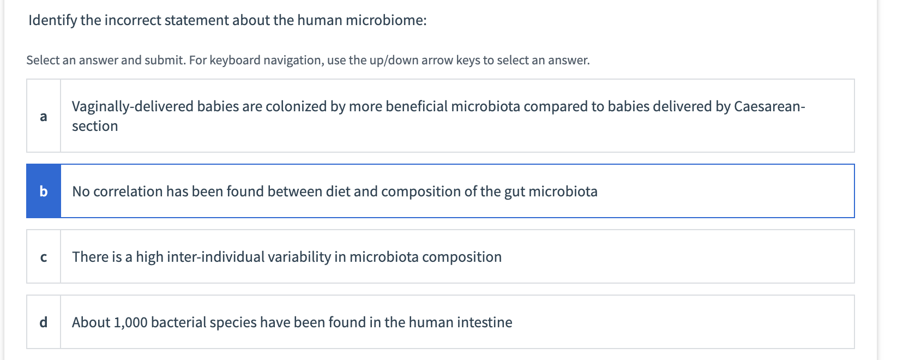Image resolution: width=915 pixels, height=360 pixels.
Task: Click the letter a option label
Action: tap(44, 116)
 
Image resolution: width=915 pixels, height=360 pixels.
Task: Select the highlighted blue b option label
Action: tap(44, 191)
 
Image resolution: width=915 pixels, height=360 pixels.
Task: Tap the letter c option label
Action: tap(44, 257)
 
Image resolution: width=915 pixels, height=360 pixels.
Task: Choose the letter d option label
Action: tap(44, 322)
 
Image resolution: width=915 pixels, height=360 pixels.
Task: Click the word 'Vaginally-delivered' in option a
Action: tap(133, 106)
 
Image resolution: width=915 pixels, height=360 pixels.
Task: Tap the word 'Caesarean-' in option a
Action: tap(769, 106)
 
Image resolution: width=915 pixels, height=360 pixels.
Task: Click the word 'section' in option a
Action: tap(95, 127)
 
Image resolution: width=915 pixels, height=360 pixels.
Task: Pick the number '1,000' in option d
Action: tap(130, 323)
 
